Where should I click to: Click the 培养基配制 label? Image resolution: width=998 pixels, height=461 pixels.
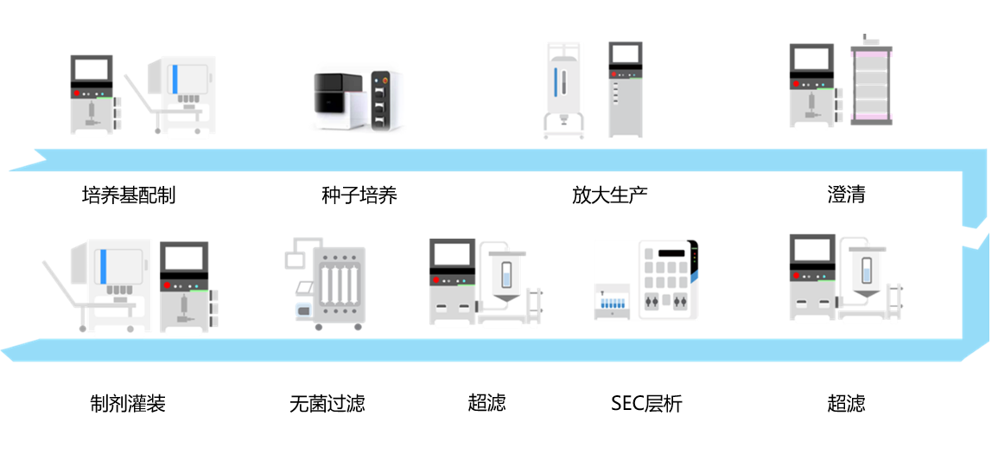click(x=128, y=195)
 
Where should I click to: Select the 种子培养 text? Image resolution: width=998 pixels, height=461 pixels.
click(x=359, y=195)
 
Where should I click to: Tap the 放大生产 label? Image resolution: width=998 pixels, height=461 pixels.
click(x=609, y=195)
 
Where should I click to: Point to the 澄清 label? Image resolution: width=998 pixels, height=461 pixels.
click(x=845, y=195)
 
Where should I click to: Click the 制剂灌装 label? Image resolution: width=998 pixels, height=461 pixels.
click(x=127, y=403)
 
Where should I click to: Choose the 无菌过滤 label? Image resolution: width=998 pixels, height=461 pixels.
click(x=327, y=403)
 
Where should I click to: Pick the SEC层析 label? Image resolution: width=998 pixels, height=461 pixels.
click(x=645, y=403)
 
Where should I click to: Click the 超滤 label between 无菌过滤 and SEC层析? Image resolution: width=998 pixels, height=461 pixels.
click(x=486, y=402)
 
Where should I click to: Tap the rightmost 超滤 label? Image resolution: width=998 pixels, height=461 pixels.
click(x=845, y=403)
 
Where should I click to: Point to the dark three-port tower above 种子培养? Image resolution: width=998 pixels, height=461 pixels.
click(x=385, y=99)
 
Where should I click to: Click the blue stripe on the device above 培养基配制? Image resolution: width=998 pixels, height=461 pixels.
click(x=175, y=79)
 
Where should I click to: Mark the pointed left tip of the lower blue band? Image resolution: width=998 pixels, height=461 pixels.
click(x=4, y=350)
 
